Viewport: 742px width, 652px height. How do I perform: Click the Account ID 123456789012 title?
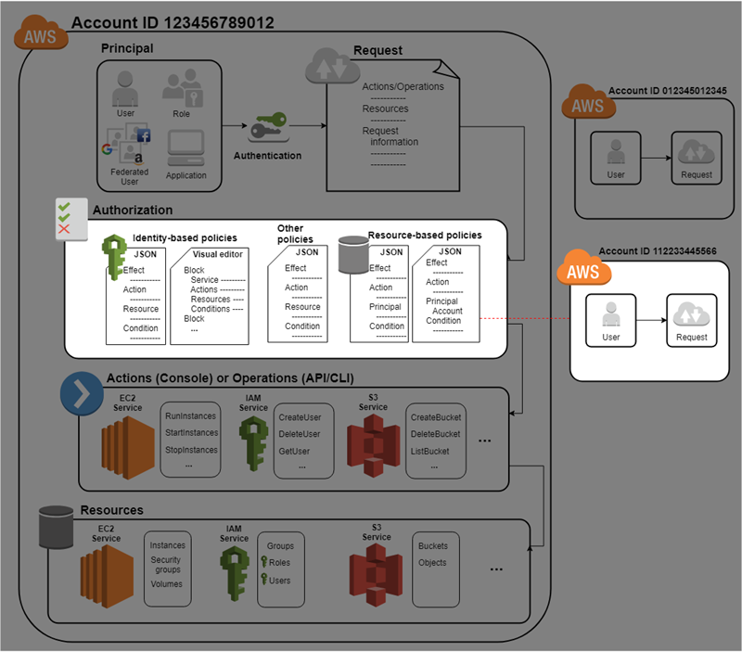point(172,23)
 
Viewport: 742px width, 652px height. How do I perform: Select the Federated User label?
point(129,176)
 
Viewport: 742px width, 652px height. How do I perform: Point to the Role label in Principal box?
point(181,113)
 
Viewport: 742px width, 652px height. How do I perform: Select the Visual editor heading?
point(218,253)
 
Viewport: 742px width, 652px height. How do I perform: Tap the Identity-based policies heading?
point(185,238)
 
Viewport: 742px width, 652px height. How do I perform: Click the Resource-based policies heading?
point(425,236)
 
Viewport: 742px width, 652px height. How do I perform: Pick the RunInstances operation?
point(192,416)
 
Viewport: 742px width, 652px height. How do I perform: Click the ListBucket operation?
point(429,451)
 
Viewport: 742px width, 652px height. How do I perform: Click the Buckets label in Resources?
point(433,546)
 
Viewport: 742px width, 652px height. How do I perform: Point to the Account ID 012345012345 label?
point(667,91)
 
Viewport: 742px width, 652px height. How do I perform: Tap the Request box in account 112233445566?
point(691,320)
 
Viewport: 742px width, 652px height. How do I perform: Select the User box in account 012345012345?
point(616,158)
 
